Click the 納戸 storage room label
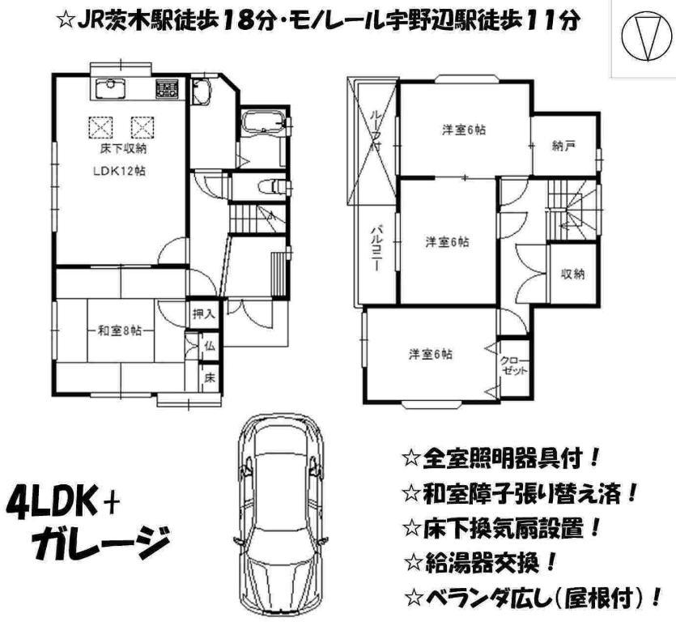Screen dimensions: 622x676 [563, 147]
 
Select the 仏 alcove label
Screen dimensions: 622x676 [209, 346]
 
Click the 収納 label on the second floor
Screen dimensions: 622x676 [572, 274]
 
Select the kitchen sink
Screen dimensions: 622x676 [108, 87]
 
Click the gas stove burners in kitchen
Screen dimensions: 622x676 [168, 87]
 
